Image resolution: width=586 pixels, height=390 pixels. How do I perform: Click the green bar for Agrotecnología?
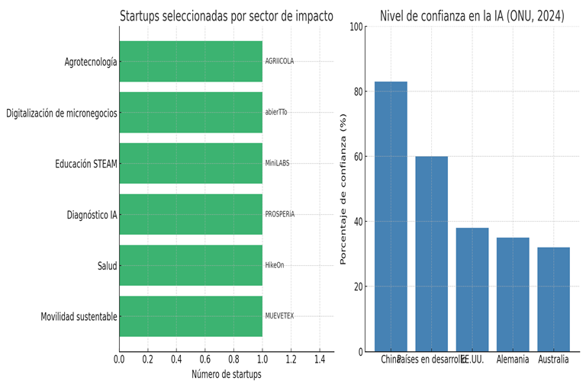pos(191,62)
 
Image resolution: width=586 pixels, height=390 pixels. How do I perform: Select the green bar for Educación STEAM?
pos(191,164)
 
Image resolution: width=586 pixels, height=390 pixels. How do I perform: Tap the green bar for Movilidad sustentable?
pos(191,316)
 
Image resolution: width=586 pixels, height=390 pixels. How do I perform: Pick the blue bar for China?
pos(391,217)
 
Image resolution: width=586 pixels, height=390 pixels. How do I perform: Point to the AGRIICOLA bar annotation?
pos(279,62)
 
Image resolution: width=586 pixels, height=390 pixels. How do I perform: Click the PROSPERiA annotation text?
pos(280,214)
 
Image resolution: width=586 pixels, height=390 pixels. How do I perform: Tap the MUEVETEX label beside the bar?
pos(279,316)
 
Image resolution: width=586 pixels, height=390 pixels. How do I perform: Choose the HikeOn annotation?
pos(275,265)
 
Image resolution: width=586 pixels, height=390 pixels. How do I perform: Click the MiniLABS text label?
pos(277,164)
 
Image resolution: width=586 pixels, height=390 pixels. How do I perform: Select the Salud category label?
pos(107,266)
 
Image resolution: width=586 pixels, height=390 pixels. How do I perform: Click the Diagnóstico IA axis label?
pos(92,215)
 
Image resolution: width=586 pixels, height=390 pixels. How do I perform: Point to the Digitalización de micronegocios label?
pos(62,113)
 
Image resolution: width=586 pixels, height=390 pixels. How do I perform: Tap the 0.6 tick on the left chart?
pos(205,359)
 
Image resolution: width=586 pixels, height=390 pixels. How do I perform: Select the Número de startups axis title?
pos(226,374)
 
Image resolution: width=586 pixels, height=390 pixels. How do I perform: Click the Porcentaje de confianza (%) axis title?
pos(343,189)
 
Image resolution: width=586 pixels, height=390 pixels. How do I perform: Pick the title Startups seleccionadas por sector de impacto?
pos(227,16)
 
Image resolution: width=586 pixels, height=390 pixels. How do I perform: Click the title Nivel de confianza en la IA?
pos(472,16)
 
